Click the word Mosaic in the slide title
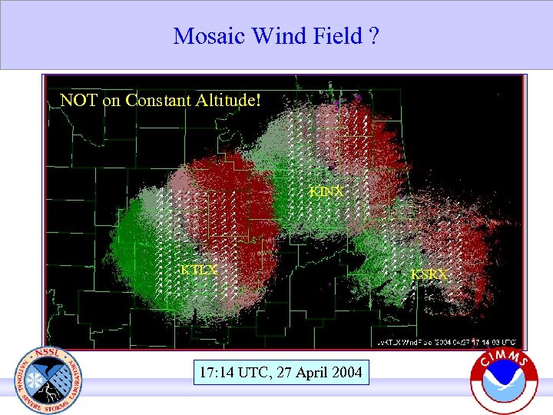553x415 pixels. [204, 36]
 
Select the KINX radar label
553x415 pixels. [326, 191]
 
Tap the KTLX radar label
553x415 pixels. [199, 270]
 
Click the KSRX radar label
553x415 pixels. [429, 274]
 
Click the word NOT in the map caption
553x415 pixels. [78, 101]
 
